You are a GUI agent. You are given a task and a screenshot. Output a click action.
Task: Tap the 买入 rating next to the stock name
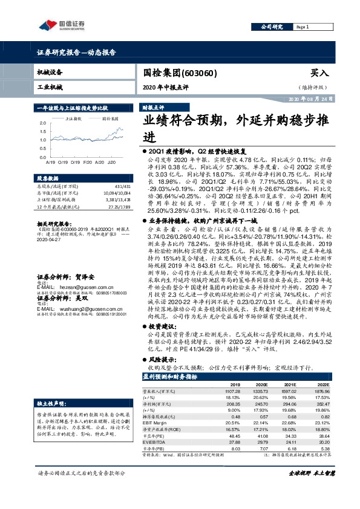pos(319,73)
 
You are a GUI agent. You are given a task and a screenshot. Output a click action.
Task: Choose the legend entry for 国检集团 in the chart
pos(109,118)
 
